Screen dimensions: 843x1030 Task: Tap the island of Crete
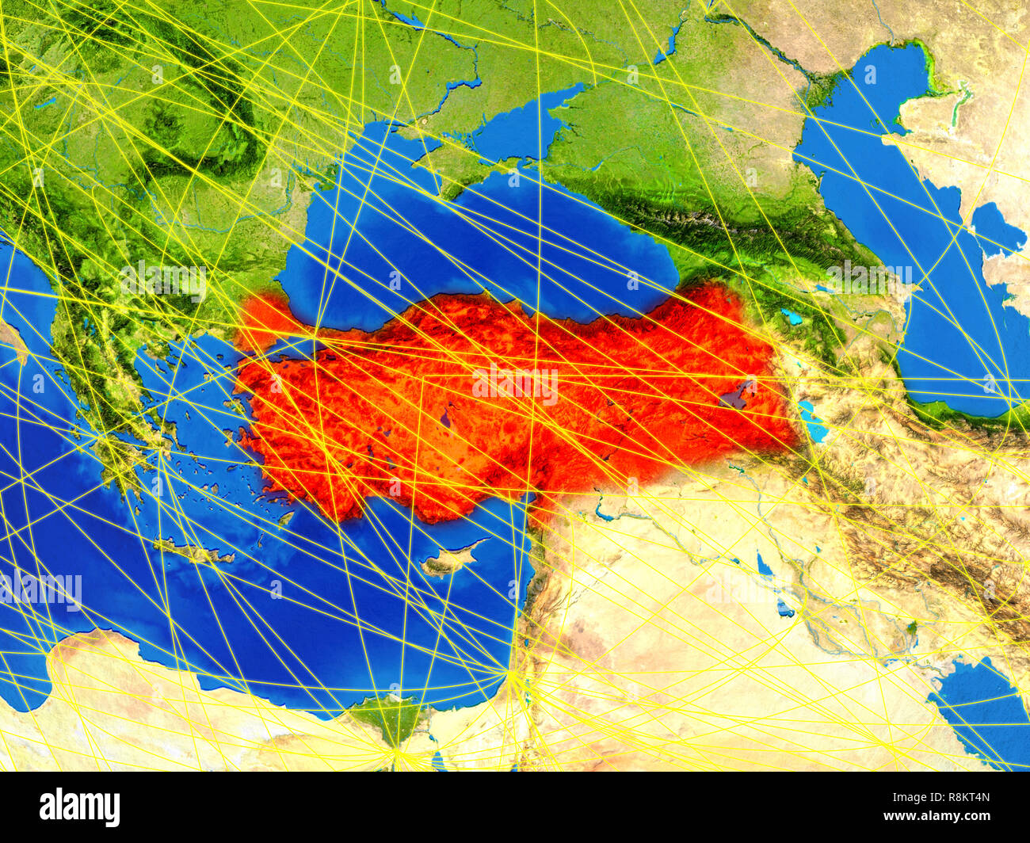click(x=193, y=552)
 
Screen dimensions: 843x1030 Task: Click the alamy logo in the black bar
click(x=79, y=807)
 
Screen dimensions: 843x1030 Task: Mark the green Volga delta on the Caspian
click(x=832, y=79)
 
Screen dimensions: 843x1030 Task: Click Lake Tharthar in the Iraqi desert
click(x=764, y=565)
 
